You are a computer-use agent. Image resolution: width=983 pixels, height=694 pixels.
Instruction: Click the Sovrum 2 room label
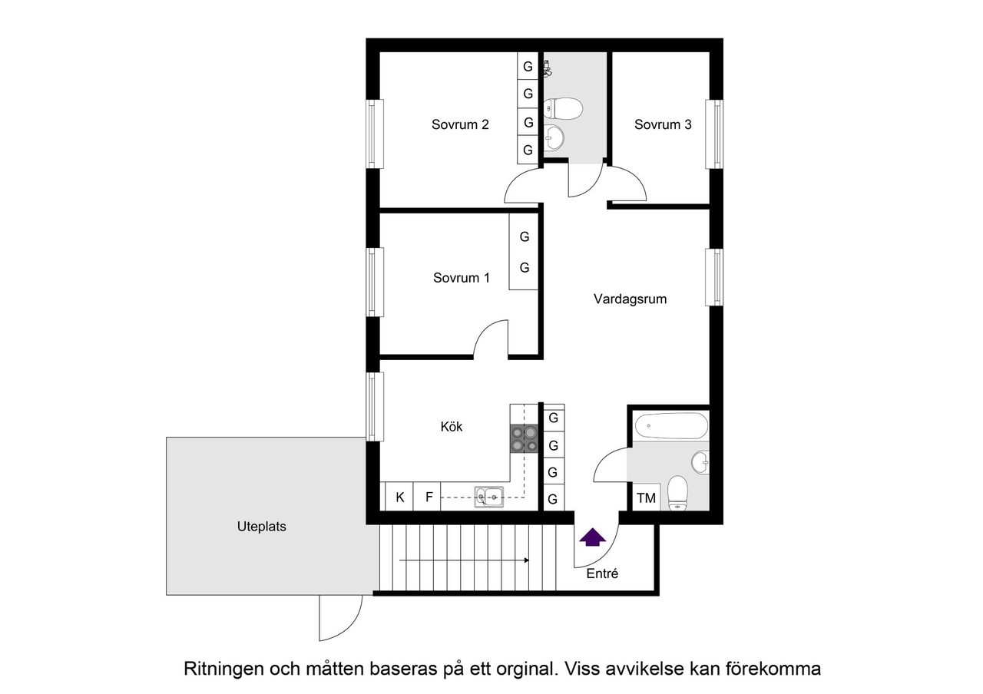(460, 124)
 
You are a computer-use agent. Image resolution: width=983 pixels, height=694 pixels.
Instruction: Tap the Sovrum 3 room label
(663, 124)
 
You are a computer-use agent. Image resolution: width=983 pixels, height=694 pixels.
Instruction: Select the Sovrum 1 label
(461, 278)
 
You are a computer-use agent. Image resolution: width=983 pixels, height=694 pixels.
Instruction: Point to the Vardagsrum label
(630, 299)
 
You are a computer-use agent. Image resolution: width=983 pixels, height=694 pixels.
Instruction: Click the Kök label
(452, 427)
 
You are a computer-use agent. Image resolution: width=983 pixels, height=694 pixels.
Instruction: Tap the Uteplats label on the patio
(261, 527)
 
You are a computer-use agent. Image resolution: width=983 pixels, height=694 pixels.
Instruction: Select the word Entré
(602, 573)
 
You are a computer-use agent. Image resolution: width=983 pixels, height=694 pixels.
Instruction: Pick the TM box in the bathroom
(646, 498)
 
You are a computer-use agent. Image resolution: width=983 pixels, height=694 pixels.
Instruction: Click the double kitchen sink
(488, 497)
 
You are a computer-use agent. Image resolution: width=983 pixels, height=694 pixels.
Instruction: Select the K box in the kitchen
(399, 497)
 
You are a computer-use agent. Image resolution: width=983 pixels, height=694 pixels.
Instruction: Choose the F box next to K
(429, 497)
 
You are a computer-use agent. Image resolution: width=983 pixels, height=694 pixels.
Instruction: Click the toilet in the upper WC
(561, 109)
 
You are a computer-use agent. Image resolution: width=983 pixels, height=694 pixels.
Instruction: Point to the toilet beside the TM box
(677, 493)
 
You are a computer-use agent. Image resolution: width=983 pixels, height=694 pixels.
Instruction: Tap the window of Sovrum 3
(715, 134)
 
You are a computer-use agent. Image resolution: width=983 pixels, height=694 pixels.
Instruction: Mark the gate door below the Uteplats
(340, 620)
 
